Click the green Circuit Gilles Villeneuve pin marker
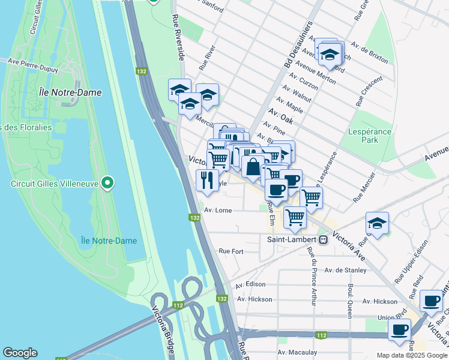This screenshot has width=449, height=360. (108, 182)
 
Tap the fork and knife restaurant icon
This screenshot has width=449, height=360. (207, 179)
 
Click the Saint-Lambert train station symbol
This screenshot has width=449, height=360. (323, 239)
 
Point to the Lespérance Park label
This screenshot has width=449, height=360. (370, 136)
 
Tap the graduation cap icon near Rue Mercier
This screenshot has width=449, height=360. (377, 224)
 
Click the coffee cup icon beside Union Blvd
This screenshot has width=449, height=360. (400, 329)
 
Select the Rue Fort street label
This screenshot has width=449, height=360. (231, 251)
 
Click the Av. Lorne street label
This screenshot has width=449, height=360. (217, 211)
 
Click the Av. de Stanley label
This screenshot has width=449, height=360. (345, 270)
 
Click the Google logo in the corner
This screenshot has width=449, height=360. (20, 353)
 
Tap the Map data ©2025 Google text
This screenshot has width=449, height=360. (411, 355)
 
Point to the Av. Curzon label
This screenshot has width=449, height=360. (302, 80)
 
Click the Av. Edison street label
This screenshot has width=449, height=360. (251, 284)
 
